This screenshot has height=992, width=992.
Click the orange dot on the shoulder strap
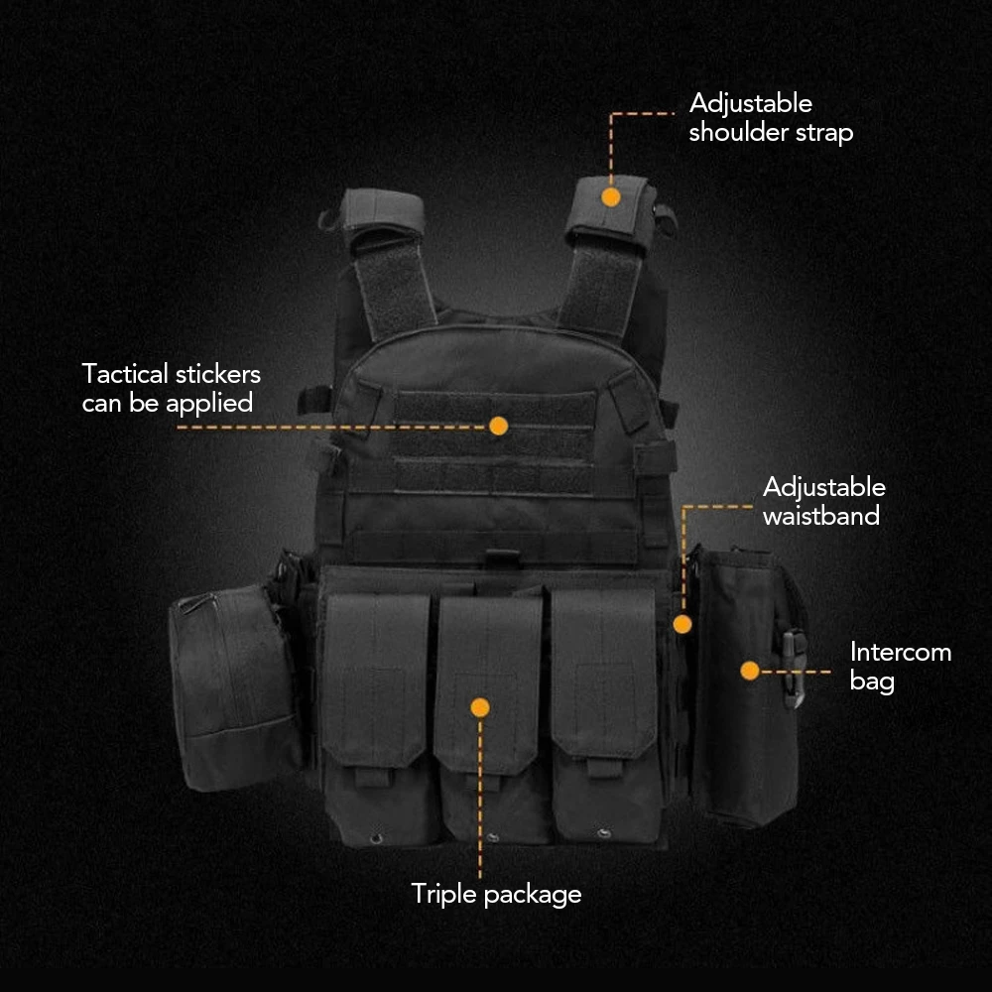[x=610, y=197]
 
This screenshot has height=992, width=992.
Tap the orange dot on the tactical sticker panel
[x=499, y=426]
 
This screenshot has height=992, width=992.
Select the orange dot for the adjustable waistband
[x=682, y=624]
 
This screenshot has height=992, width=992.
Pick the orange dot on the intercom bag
[x=750, y=671]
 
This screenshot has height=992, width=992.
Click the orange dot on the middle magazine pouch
[x=480, y=707]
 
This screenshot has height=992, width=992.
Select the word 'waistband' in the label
[x=821, y=516]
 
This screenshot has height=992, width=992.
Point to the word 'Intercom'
[x=901, y=652]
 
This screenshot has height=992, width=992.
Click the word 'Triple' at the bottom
[x=443, y=895]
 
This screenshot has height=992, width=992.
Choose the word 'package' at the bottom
[x=533, y=896]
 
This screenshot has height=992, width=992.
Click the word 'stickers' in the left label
[x=218, y=374]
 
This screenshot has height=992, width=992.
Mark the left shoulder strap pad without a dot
[x=384, y=211]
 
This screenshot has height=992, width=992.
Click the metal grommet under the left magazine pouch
[x=376, y=839]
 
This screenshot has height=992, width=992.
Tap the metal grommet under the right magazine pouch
[x=604, y=833]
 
